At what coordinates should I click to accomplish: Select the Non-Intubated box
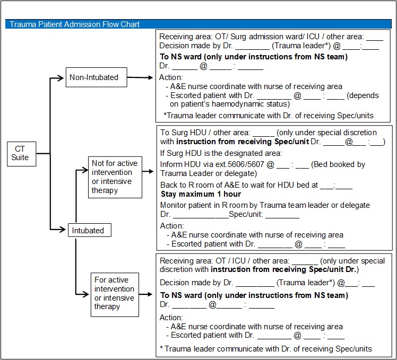pyautogui.click(x=93, y=77)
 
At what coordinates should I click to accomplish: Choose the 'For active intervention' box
pyautogui.click(x=115, y=293)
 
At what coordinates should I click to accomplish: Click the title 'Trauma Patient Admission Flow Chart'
pyautogui.click(x=74, y=24)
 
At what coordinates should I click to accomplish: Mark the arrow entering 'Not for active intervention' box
pyautogui.click(x=82, y=171)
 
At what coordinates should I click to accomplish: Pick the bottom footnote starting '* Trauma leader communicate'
pyautogui.click(x=265, y=348)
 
